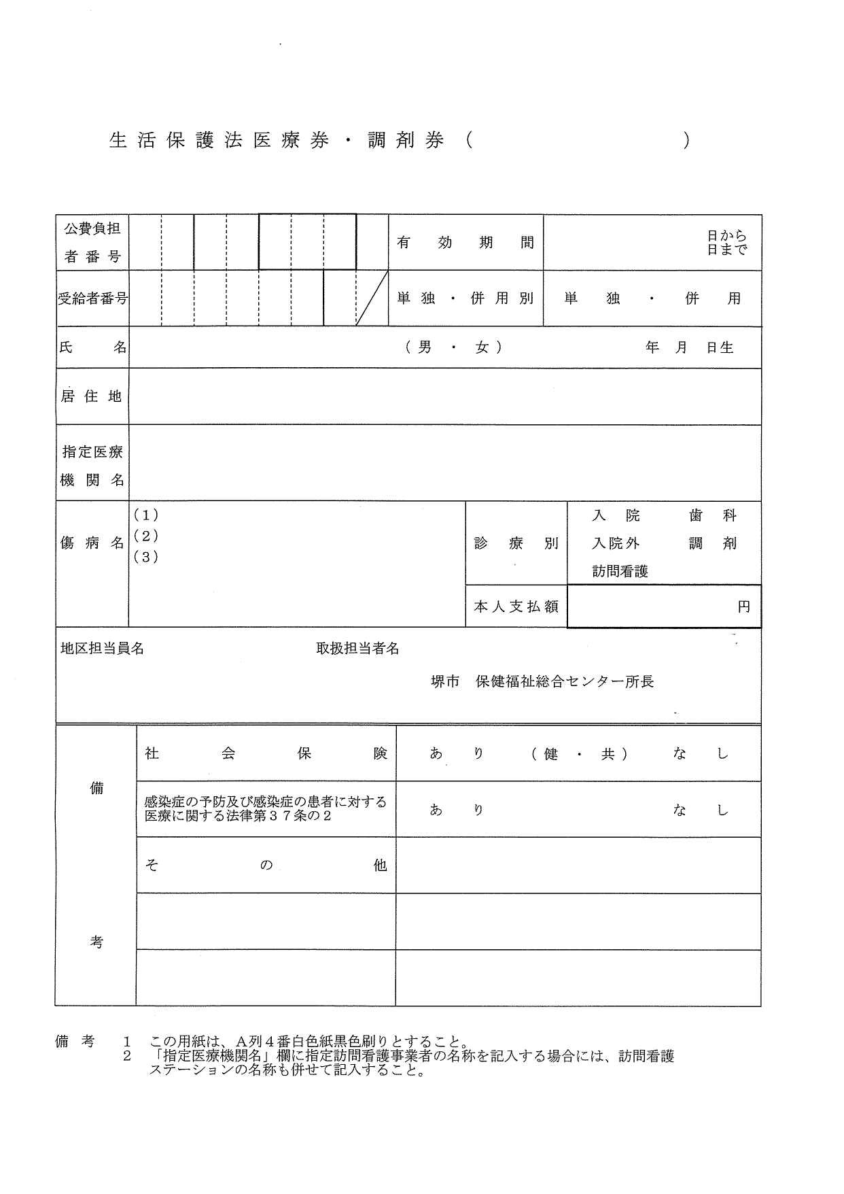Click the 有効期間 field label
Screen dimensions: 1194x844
tap(465, 243)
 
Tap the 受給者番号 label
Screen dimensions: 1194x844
tap(92, 298)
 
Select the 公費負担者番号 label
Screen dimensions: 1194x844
tap(92, 243)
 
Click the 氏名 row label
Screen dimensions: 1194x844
tap(92, 347)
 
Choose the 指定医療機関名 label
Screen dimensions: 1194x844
tap(92, 466)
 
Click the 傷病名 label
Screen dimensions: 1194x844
tap(92, 543)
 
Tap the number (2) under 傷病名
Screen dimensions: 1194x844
tap(146, 536)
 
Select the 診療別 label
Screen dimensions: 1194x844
tap(516, 543)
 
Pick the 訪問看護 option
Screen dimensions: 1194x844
tap(620, 572)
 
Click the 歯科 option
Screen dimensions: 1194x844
tap(712, 516)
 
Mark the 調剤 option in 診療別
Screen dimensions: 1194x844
tap(712, 544)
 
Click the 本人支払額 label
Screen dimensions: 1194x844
tap(516, 607)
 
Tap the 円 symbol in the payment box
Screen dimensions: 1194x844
tap(744, 607)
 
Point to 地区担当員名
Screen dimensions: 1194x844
tap(103, 649)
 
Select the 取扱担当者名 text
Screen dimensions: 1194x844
tap(357, 649)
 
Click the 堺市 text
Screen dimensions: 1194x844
tap(445, 682)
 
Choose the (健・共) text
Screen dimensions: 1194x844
tap(579, 754)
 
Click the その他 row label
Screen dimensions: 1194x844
tap(266, 866)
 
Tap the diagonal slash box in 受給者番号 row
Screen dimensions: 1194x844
tap(372, 298)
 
